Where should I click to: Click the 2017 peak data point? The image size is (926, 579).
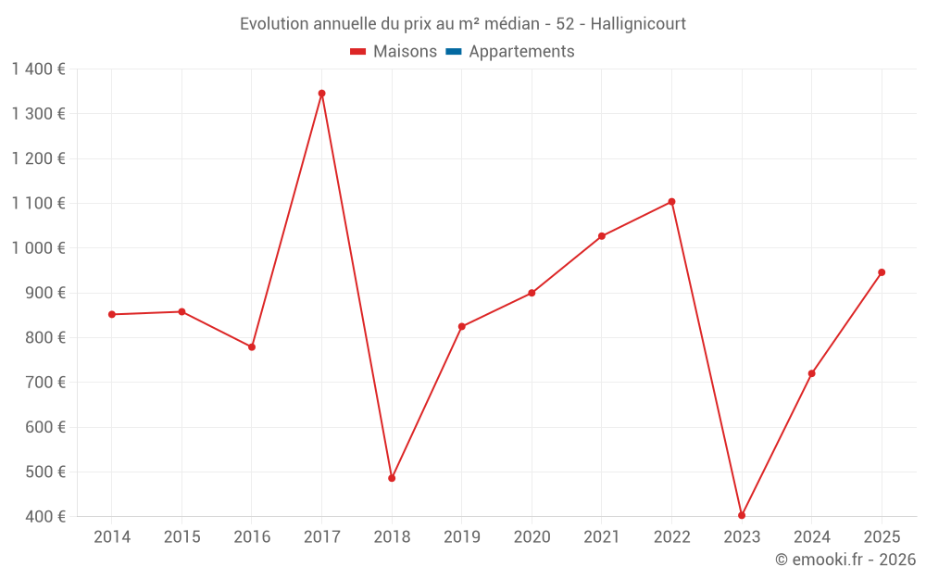coord(321,94)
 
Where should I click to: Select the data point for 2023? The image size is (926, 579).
coord(742,515)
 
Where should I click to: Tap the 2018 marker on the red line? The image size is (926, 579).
coord(392,478)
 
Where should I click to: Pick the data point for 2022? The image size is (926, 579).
coord(671,202)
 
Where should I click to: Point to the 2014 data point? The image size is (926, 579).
coord(112,314)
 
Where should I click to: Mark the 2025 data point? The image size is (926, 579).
coord(882,272)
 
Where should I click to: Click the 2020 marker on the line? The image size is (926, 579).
coord(532,293)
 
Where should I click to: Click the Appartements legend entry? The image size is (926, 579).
coord(521,52)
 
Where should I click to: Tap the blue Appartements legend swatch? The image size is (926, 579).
coord(453,52)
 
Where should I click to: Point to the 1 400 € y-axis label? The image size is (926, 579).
coord(38,69)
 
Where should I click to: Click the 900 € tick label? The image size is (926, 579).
coord(44,293)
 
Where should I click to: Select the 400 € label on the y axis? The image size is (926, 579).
coord(44,516)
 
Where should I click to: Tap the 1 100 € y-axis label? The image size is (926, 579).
coord(38,204)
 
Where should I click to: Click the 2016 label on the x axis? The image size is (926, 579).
coord(252,537)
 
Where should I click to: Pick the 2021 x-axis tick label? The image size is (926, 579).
coord(602,537)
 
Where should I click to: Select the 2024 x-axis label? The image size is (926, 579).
coord(812,537)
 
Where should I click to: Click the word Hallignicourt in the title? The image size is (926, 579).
coord(639,24)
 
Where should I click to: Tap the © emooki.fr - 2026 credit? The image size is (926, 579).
coord(845,560)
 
